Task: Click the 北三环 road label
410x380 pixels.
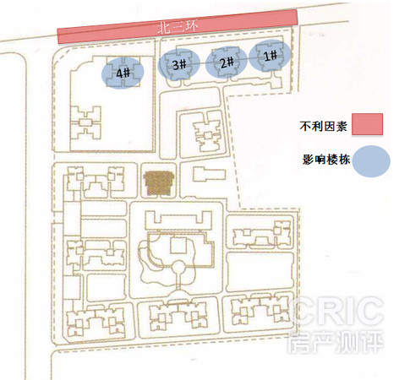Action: pyautogui.click(x=178, y=27)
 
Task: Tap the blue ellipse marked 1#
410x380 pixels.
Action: pyautogui.click(x=270, y=56)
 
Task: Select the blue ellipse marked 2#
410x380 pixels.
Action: pyautogui.click(x=227, y=62)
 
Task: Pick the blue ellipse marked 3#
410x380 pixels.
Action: pyautogui.click(x=179, y=64)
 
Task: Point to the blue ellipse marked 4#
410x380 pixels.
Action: pyautogui.click(x=123, y=73)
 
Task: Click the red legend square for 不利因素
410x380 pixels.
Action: pyautogui.click(x=367, y=124)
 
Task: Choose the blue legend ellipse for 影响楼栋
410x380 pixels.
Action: pyautogui.click(x=371, y=161)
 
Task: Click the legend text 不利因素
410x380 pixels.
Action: pyautogui.click(x=323, y=126)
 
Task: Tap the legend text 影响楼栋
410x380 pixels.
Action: pyautogui.click(x=326, y=160)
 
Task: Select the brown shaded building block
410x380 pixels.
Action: pyautogui.click(x=159, y=183)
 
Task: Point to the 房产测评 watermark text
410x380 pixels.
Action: pyautogui.click(x=336, y=341)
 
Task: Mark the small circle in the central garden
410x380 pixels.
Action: pyautogui.click(x=178, y=267)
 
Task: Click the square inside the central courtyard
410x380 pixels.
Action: pyautogui.click(x=178, y=246)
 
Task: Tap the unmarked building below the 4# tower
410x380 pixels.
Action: pyautogui.click(x=85, y=123)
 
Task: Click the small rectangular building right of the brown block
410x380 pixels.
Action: pyautogui.click(x=209, y=174)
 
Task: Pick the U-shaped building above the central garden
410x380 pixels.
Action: pyautogui.click(x=178, y=220)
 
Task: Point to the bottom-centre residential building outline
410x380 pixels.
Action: pyautogui.click(x=178, y=316)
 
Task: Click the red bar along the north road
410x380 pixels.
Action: pyautogui.click(x=178, y=27)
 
